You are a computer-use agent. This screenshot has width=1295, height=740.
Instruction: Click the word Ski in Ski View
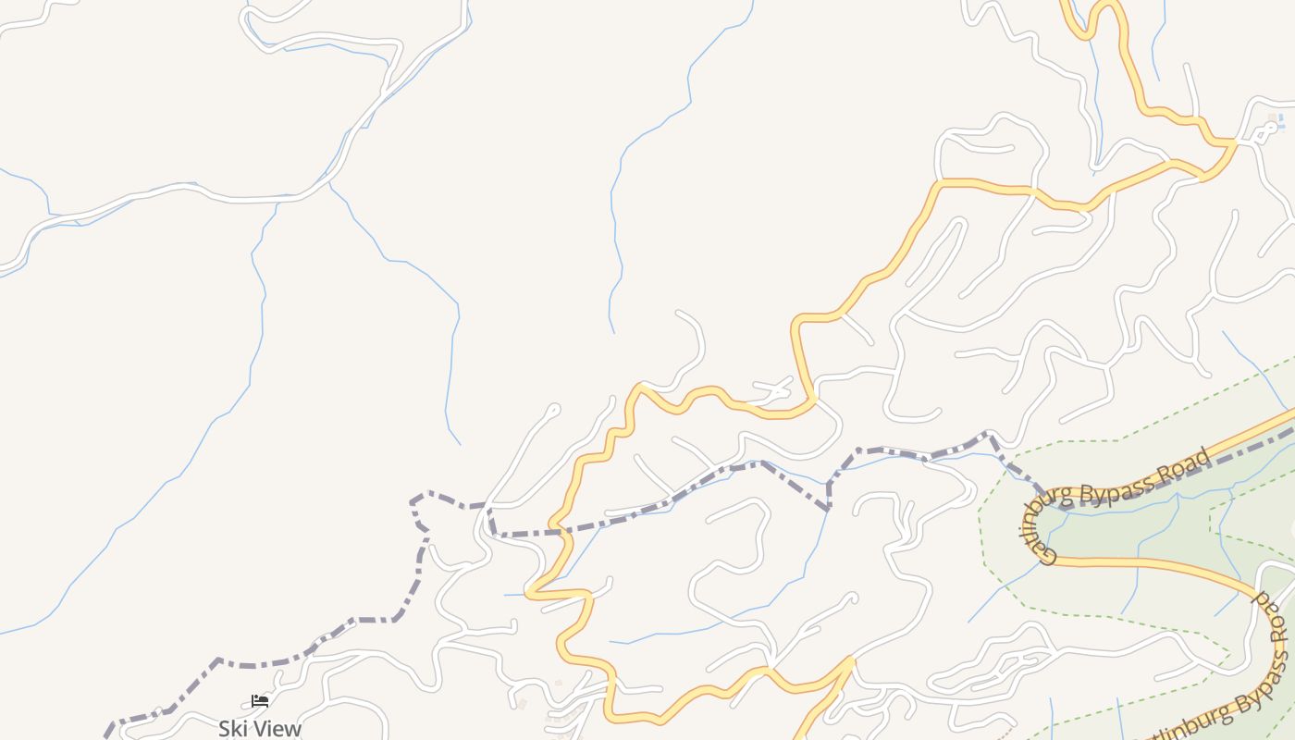(232, 729)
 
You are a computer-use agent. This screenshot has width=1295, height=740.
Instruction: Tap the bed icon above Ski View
(260, 702)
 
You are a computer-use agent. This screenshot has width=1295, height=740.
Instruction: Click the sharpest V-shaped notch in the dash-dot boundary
(828, 508)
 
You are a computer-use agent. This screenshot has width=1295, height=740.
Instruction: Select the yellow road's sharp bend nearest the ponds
(1234, 142)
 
